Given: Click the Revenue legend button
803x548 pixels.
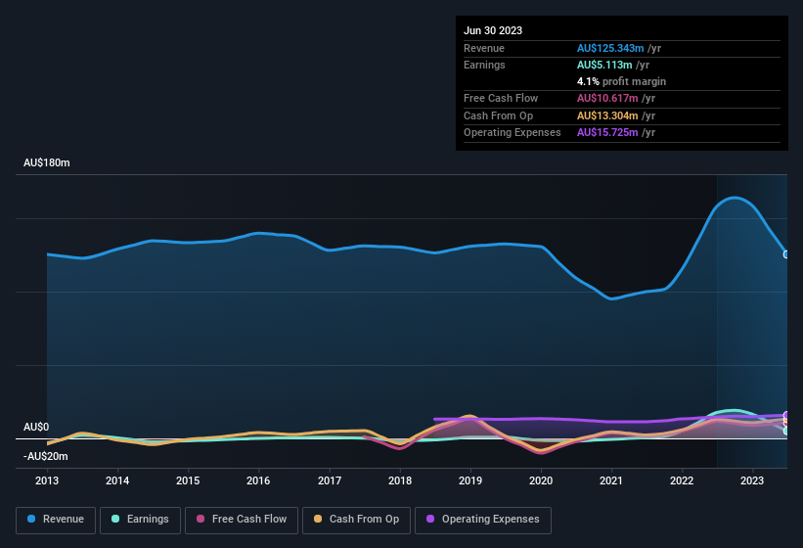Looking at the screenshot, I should coord(56,519).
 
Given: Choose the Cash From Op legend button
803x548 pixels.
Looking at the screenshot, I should coord(356,519).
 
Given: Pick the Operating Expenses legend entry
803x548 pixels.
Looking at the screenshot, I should coord(483,519).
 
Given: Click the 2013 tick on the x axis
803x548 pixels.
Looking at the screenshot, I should coord(47,480).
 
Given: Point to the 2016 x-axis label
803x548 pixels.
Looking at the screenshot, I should coord(258,480).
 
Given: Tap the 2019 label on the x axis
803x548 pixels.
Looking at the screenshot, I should coord(470,480).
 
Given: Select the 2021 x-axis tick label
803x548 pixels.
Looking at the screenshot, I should coord(611,480).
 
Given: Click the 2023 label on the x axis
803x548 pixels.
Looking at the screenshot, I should coord(752,480).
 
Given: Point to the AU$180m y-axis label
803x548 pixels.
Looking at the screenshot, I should coord(47,162).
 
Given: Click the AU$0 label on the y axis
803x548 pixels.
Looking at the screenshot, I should coord(36,428).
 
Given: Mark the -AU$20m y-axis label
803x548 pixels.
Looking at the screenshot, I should coord(46,456).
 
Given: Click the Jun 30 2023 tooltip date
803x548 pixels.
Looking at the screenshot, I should coord(493,30).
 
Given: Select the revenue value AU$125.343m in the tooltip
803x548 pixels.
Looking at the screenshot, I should coord(609,48).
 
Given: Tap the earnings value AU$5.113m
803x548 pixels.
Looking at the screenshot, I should coord(603,65).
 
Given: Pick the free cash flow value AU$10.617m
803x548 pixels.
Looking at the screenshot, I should coord(606,98).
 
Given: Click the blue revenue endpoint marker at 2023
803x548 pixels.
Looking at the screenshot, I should coord(786,254).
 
